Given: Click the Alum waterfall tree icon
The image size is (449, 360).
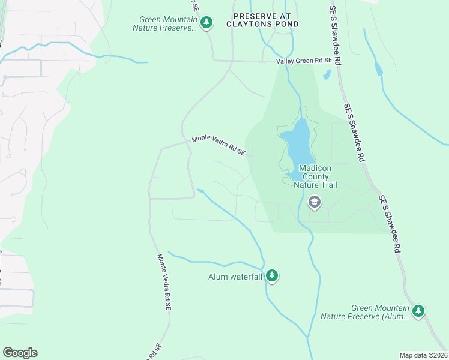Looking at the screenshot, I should click(x=273, y=275).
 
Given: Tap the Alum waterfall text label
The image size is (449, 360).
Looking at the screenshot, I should click(x=235, y=277).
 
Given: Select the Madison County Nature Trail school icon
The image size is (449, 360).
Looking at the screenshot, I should click(x=313, y=203).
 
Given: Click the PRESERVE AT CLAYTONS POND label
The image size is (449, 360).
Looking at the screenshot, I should click(x=262, y=20).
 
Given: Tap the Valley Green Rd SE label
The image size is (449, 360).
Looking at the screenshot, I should click(x=304, y=61).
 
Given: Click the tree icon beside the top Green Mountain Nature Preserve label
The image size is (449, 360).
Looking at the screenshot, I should click(x=207, y=23).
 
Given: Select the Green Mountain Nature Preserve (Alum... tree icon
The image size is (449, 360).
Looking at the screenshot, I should click(x=418, y=311).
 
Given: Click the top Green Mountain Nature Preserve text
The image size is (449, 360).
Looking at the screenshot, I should click(x=166, y=23).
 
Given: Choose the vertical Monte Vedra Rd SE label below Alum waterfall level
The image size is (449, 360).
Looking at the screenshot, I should click(x=164, y=281).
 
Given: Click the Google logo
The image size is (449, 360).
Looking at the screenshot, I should click(x=20, y=353).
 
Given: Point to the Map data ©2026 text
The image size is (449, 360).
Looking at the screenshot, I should click(x=423, y=355).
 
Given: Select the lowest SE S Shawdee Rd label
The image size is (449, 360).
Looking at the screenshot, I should click(x=389, y=223).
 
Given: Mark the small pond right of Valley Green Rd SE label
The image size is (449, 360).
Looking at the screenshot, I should click(x=327, y=75).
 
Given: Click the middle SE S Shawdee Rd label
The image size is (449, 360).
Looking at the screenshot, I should click(x=355, y=132).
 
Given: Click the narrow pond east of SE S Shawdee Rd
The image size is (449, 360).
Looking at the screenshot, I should click(x=379, y=68).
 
